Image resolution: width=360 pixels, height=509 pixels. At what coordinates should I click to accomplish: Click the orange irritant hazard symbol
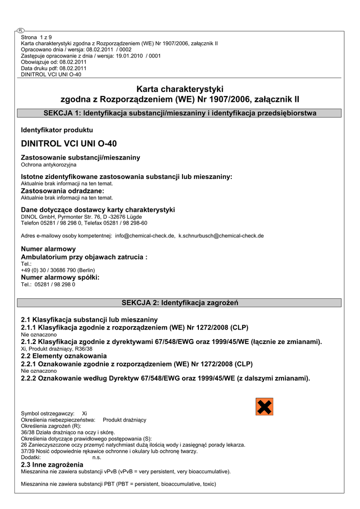tap(265, 407)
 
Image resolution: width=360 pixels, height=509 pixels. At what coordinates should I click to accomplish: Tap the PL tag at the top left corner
tap(20, 31)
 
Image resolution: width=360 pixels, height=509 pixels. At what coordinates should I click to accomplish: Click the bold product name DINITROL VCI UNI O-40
tap(69, 144)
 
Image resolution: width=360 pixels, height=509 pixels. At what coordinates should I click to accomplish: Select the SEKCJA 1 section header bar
tap(180, 113)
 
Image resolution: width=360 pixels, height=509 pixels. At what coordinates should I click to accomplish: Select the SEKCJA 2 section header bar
tap(180, 302)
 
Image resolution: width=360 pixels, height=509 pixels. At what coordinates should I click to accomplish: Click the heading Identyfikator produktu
tap(57, 130)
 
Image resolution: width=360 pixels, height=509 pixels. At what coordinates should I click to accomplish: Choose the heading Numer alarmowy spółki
tap(60, 277)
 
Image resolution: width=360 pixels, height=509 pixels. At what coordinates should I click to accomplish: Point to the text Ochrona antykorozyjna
tap(49, 165)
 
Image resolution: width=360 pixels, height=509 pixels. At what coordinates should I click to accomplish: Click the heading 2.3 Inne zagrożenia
tap(52, 464)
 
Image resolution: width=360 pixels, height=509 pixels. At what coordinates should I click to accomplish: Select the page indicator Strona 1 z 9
tap(36, 37)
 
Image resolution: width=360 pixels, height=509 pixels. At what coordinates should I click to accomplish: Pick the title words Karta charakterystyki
tap(180, 89)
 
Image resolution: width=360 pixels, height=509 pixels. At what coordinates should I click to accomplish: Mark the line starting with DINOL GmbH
tap(81, 217)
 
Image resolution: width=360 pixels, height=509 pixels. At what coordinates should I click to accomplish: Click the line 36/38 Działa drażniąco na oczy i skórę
tap(68, 432)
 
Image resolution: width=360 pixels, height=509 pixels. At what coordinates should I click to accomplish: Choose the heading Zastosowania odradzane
tap(63, 191)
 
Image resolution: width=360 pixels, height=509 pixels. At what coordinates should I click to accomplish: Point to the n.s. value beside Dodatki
tap(97, 457)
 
